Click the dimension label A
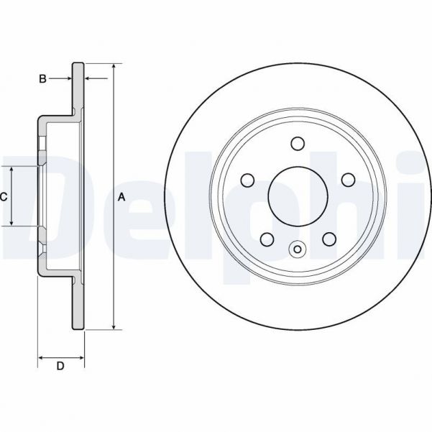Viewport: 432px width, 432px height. (121, 196)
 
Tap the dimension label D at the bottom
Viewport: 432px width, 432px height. (60, 367)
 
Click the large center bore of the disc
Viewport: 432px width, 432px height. (297, 195)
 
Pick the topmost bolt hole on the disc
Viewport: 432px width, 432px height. (297, 143)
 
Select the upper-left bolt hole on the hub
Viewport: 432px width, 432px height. (247, 179)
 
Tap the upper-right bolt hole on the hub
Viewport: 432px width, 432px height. (346, 179)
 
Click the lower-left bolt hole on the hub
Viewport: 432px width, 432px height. (266, 238)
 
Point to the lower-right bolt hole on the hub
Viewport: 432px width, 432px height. (328, 238)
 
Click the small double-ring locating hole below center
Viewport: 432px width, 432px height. (297, 249)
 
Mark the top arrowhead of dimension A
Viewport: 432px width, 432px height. (114, 64)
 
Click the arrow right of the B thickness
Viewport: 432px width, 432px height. (89, 78)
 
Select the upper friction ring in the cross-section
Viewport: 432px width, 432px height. (78, 86)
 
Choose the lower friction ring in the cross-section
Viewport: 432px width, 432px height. (78, 305)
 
